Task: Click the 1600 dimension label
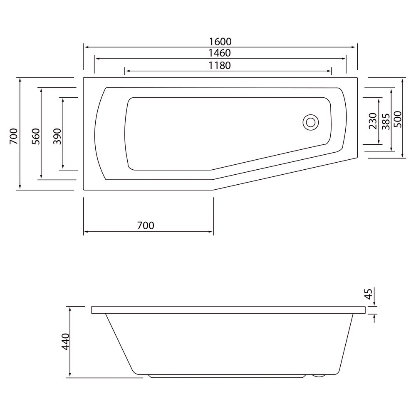(x=220, y=42)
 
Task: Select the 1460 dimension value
(x=219, y=53)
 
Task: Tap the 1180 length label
(x=219, y=65)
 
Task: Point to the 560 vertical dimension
(x=36, y=136)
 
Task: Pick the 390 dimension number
(x=57, y=136)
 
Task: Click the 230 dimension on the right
(x=373, y=121)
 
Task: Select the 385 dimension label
(x=386, y=122)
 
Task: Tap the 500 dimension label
(x=398, y=119)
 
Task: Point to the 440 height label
(x=65, y=342)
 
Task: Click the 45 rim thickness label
(x=368, y=294)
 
